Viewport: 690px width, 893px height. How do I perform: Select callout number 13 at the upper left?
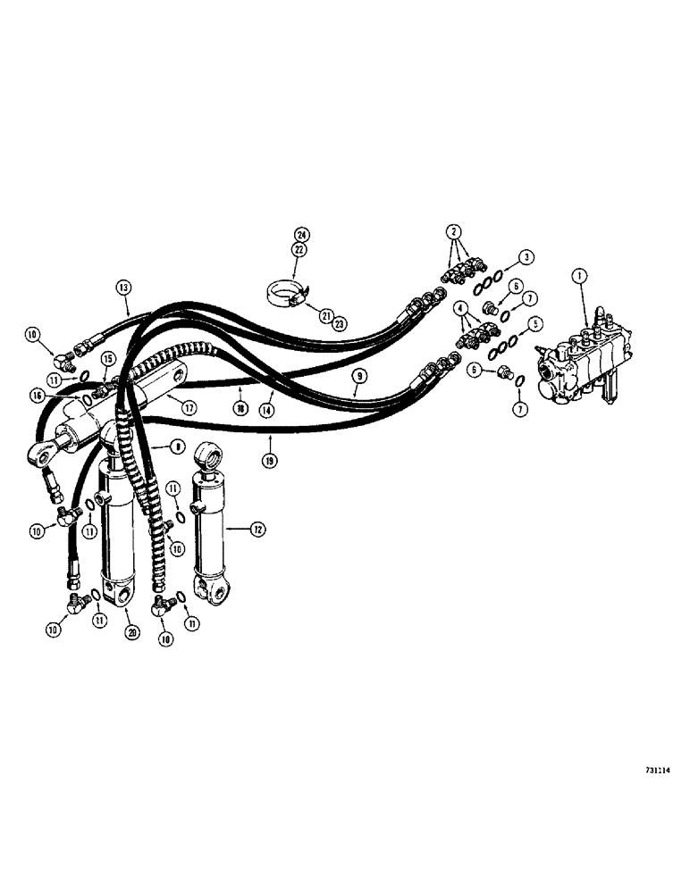point(123,287)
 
